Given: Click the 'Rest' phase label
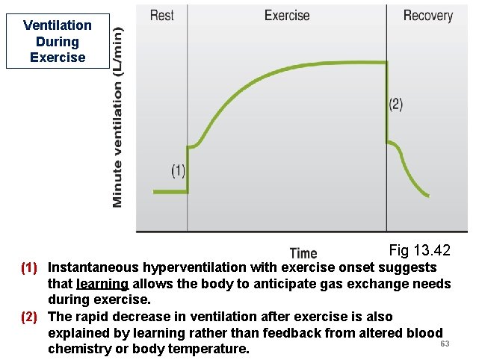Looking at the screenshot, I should [x=162, y=15].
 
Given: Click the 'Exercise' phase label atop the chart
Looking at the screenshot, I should [x=287, y=15].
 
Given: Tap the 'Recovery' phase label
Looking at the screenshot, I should [x=427, y=15].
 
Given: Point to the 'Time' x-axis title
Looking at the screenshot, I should [x=303, y=253].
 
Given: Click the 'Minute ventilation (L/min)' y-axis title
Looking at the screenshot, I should [x=117, y=113].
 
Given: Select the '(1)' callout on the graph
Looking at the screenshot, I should [x=178, y=171].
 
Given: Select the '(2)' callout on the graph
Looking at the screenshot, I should [x=395, y=105].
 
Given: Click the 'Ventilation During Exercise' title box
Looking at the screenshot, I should [x=57, y=41].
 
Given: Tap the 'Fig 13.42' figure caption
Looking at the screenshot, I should [x=419, y=249].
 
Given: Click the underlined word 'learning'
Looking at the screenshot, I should [x=102, y=284].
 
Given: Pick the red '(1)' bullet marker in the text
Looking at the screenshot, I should [x=28, y=267].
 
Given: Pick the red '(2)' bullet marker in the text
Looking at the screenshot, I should [x=28, y=317].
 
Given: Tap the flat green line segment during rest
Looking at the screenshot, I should [x=170, y=192].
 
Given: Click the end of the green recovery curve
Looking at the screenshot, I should [x=428, y=196].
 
